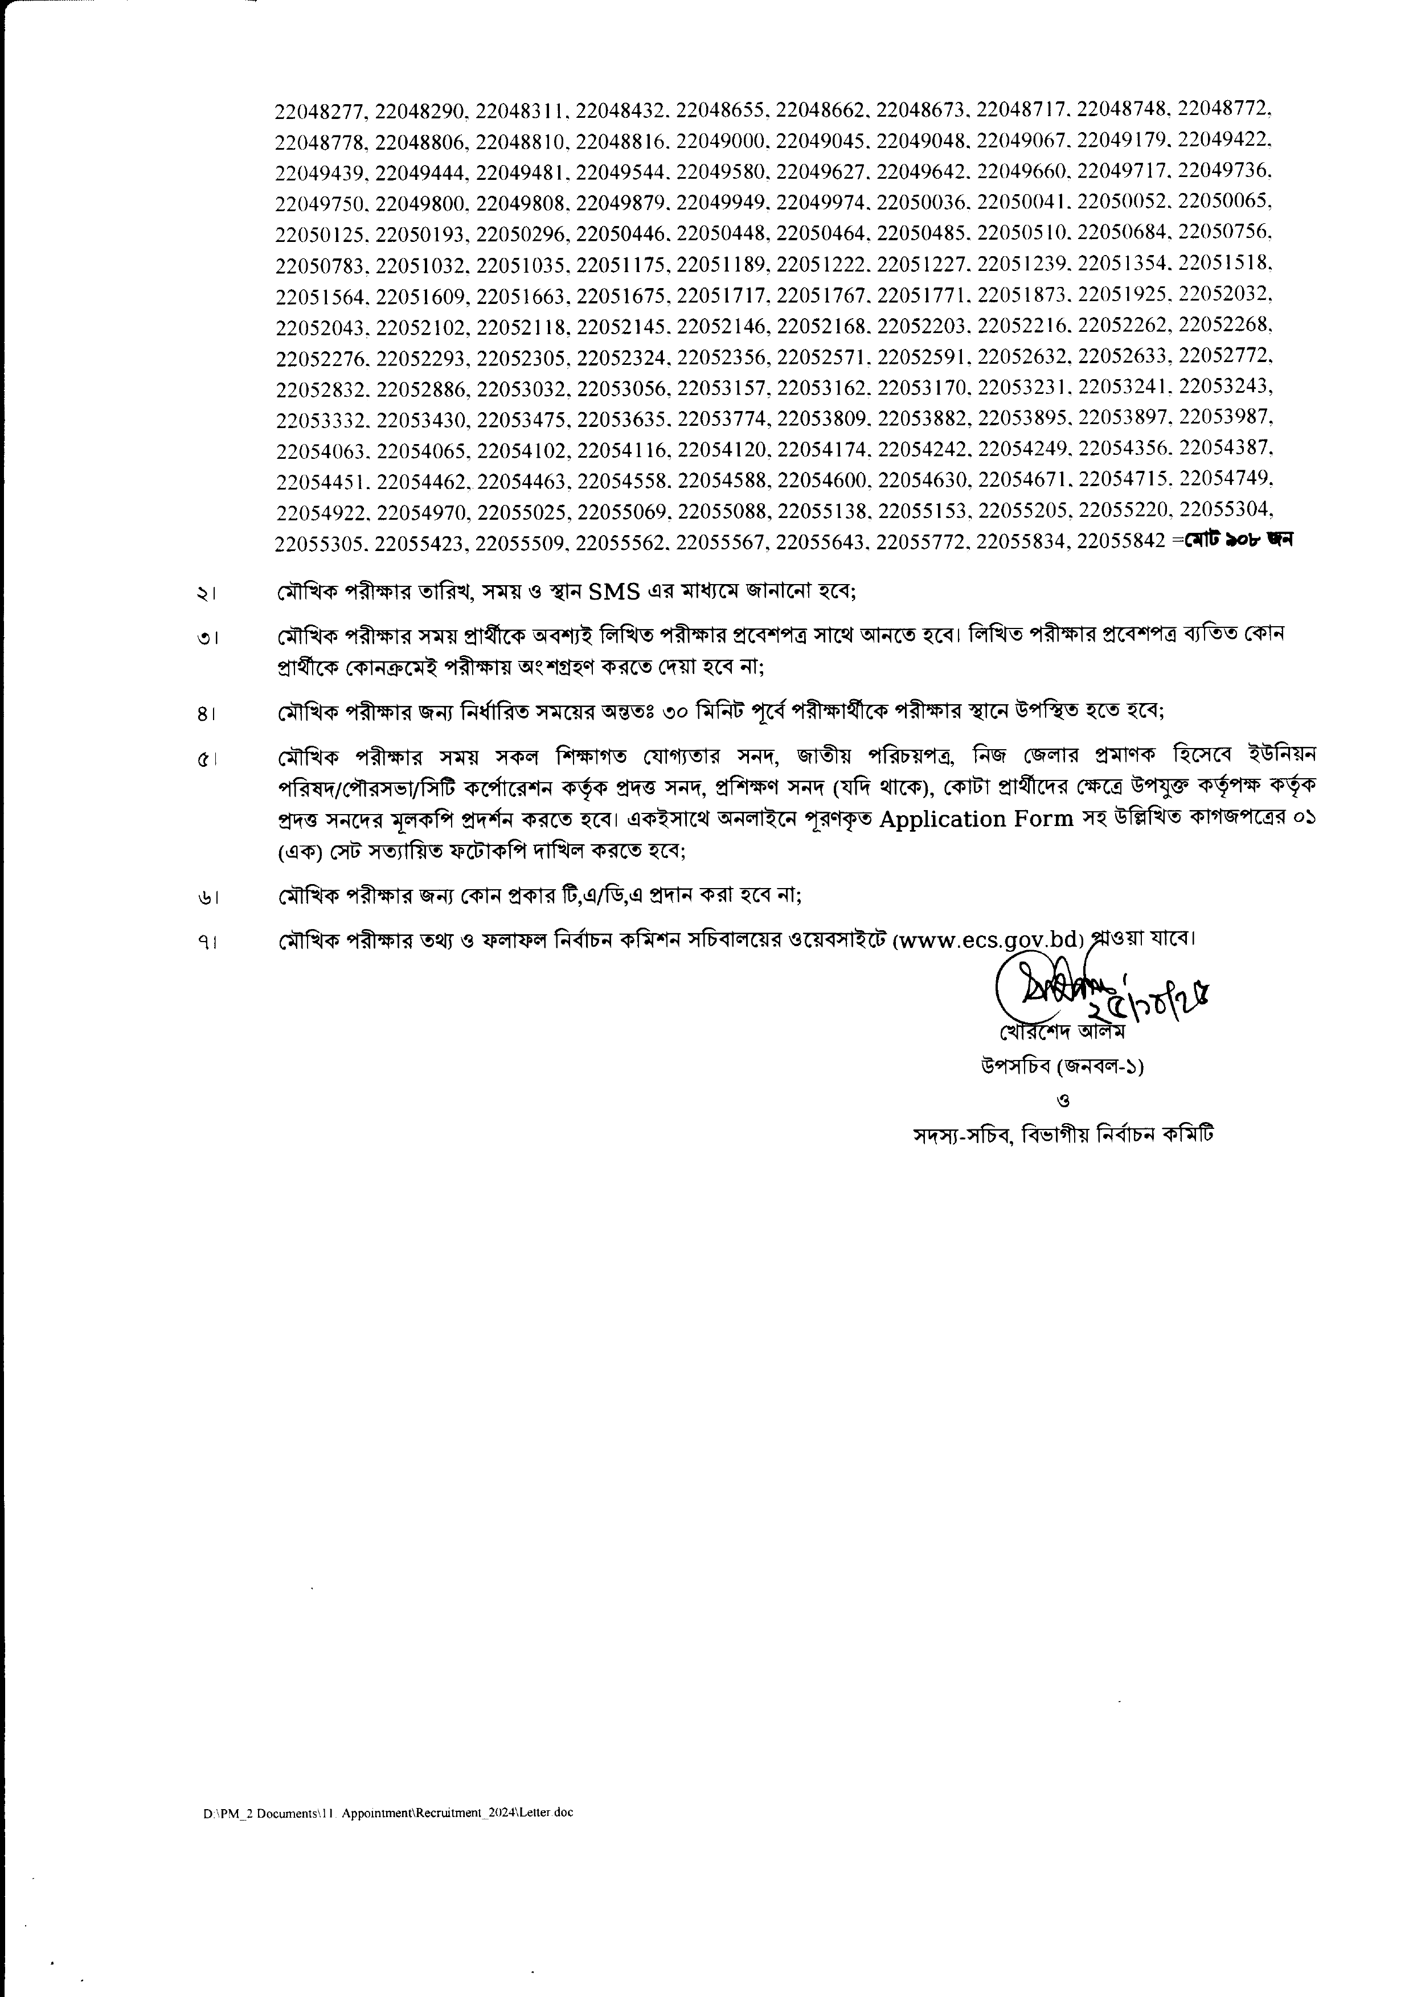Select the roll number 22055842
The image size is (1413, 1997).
1121,541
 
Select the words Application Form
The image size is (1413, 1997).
976,820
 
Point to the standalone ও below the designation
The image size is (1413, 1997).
1067,1100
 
